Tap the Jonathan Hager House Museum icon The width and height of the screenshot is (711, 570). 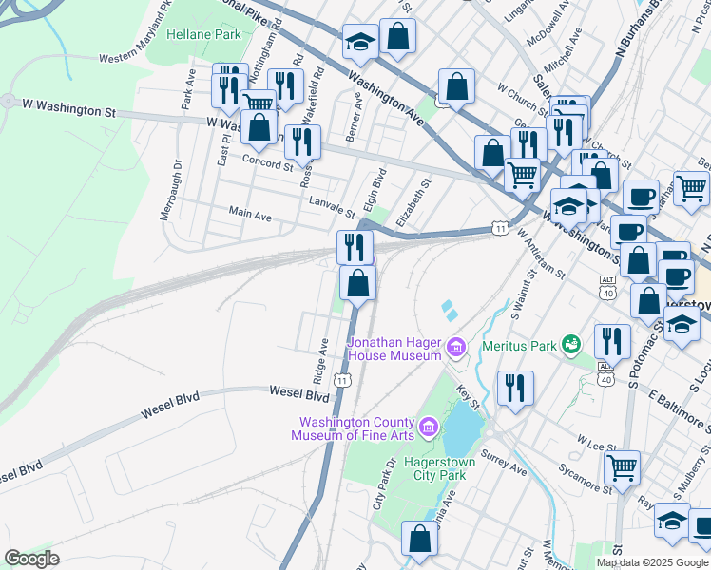click(456, 349)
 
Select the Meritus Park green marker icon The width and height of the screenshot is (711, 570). click(570, 343)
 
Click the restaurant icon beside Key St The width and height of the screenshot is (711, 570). click(515, 387)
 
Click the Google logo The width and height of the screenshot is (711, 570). click(32, 559)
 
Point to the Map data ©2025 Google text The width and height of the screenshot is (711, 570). click(652, 562)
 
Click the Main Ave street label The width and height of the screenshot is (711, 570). click(249, 216)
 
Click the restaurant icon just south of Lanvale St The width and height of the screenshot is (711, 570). click(354, 248)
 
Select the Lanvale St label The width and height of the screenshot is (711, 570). click(332, 206)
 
